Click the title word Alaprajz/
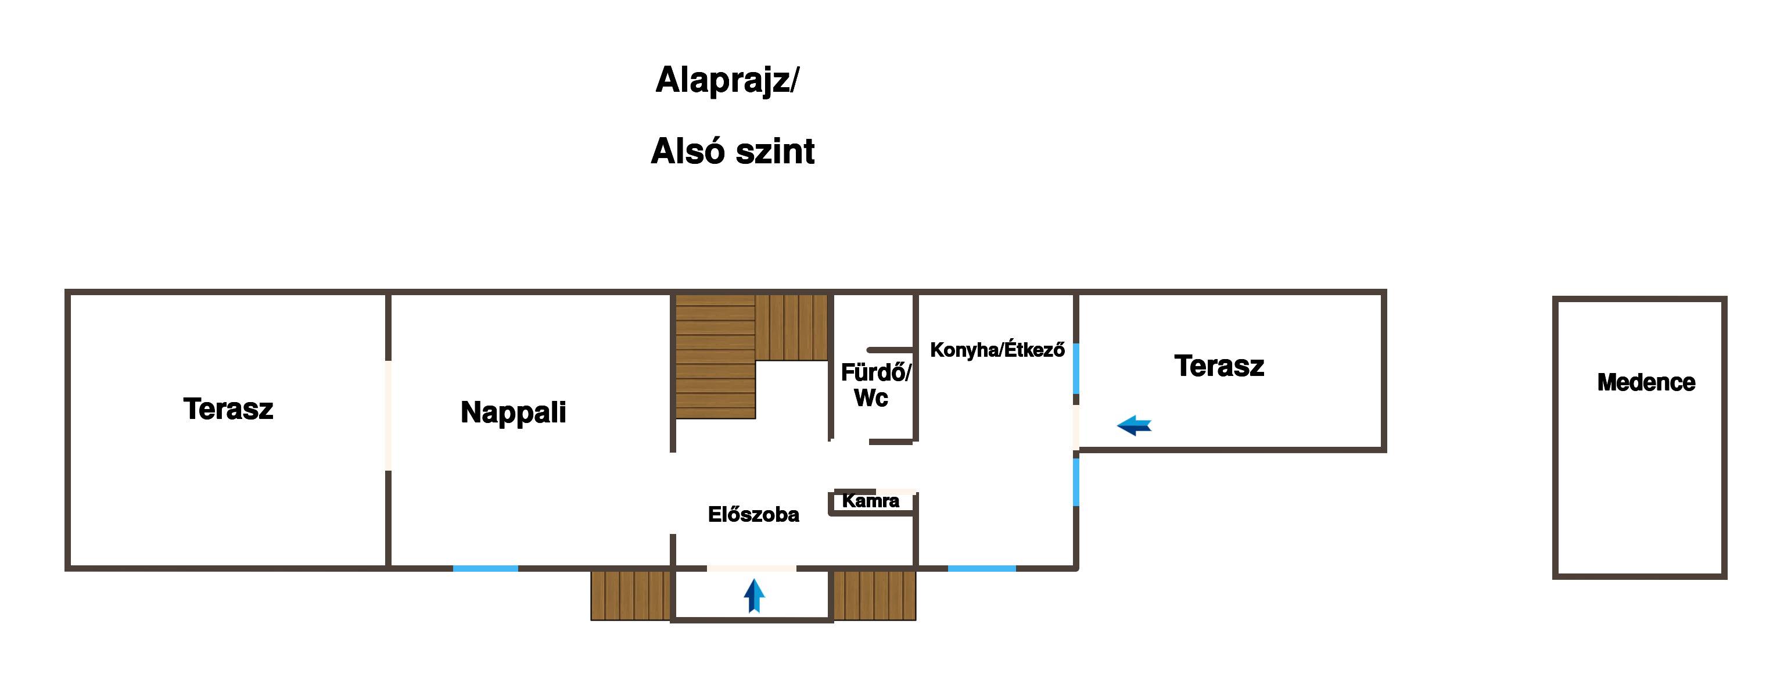pos(727,81)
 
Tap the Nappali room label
pos(514,412)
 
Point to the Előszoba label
pos(753,514)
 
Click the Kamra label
pos(871,500)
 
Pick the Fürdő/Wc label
pos(875,385)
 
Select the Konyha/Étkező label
pos(997,350)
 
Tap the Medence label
pos(1646,382)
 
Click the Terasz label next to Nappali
pos(228,408)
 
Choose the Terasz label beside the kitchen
pos(1219,365)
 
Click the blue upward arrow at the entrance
pos(754,595)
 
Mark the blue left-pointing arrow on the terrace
pos(1134,426)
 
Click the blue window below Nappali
pos(486,568)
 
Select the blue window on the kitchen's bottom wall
pos(982,568)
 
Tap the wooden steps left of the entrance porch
pos(631,595)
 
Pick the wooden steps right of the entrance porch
pos(875,595)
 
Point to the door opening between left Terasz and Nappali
pos(389,415)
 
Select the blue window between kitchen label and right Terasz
pos(1076,368)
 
